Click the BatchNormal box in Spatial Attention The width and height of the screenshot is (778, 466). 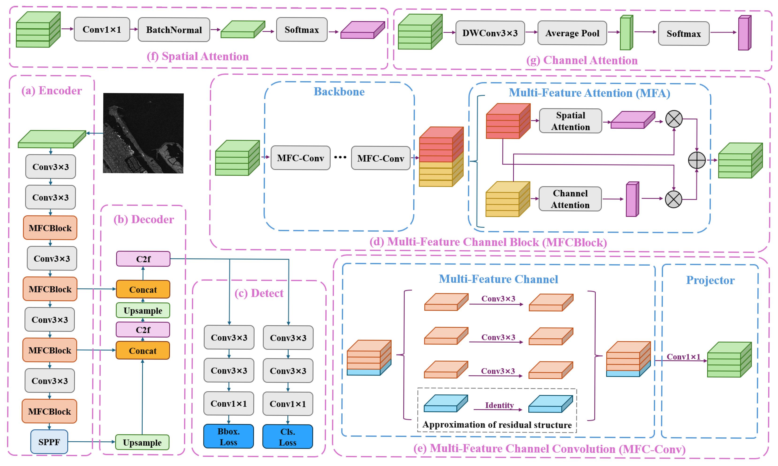(x=174, y=30)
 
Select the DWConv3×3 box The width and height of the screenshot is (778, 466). (x=490, y=33)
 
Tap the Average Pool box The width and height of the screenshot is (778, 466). (x=572, y=33)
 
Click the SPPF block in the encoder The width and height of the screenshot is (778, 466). (x=49, y=442)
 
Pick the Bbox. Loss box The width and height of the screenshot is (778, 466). (x=228, y=436)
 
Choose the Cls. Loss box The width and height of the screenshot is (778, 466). (x=288, y=437)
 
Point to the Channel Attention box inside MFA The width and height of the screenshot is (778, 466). (x=570, y=199)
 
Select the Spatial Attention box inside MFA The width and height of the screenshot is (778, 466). (x=570, y=121)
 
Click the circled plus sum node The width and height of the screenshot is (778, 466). (x=697, y=160)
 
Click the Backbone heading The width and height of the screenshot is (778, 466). (x=339, y=92)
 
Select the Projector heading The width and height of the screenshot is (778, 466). (x=710, y=280)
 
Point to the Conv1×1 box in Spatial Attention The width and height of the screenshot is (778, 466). (x=102, y=30)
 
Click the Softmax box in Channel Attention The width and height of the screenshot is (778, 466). (x=683, y=34)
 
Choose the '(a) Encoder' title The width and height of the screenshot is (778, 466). (x=51, y=91)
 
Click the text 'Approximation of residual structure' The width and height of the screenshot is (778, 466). (x=497, y=425)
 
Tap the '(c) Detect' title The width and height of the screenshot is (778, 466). (x=259, y=293)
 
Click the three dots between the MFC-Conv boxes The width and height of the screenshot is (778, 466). (x=340, y=157)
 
